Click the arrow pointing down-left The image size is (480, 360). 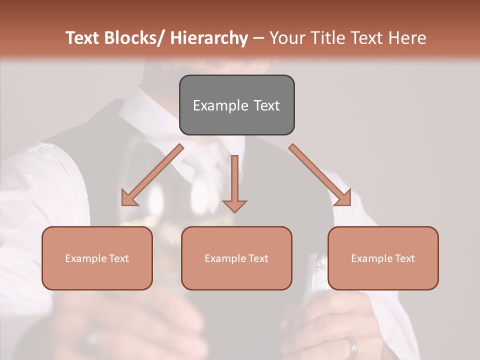pyautogui.click(x=152, y=175)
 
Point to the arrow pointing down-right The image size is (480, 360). pyautogui.click(x=320, y=175)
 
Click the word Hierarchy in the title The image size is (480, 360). pyautogui.click(x=208, y=38)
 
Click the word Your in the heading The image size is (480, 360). pyautogui.click(x=287, y=38)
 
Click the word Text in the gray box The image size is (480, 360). pyautogui.click(x=266, y=105)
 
